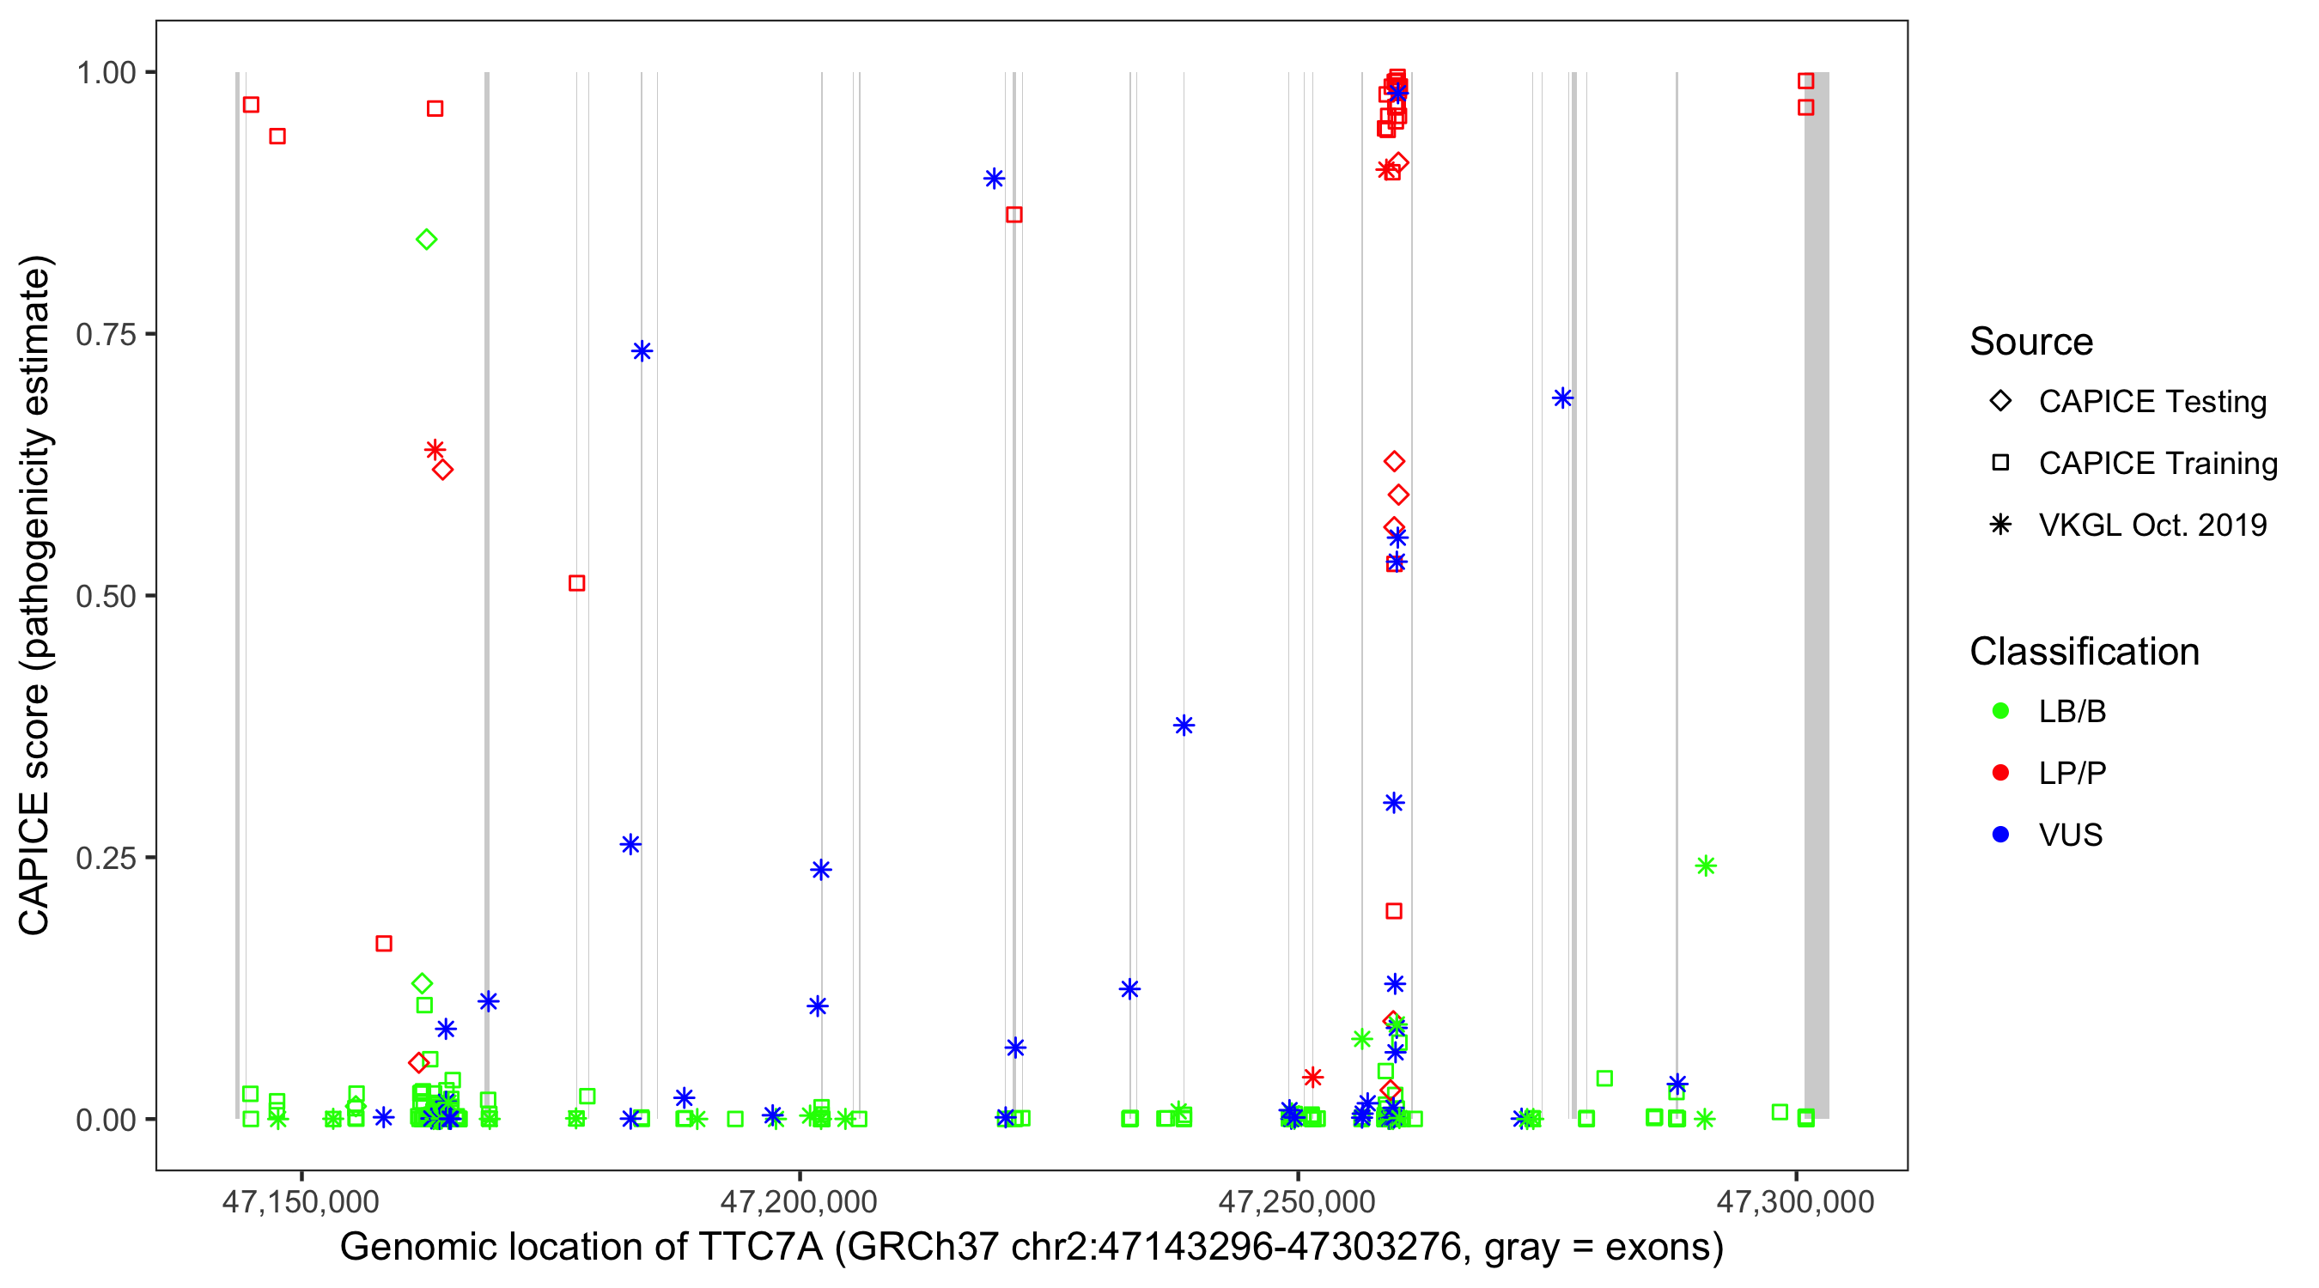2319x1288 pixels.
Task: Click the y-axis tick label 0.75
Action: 105,335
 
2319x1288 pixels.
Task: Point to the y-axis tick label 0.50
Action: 105,597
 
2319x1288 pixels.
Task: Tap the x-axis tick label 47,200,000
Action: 799,1201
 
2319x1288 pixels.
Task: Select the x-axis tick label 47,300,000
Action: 1795,1201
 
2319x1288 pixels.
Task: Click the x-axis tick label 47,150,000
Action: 301,1201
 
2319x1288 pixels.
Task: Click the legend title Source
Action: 2030,342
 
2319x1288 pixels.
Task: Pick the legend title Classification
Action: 2083,652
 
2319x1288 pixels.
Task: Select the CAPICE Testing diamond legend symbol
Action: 2000,400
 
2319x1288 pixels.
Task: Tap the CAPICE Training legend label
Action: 2157,464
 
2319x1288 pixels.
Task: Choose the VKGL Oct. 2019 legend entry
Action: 2152,525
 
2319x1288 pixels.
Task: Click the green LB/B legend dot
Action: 2000,711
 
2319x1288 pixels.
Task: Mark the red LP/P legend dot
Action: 2000,773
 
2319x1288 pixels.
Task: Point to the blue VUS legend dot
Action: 2000,835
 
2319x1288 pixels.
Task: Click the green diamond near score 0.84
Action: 427,240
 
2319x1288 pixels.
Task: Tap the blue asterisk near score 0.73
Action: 642,351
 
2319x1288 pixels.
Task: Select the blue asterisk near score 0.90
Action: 994,179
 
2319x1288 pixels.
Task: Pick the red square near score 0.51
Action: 577,583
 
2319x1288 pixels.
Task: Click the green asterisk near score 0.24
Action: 1705,866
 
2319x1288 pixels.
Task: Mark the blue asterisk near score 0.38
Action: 1184,726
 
